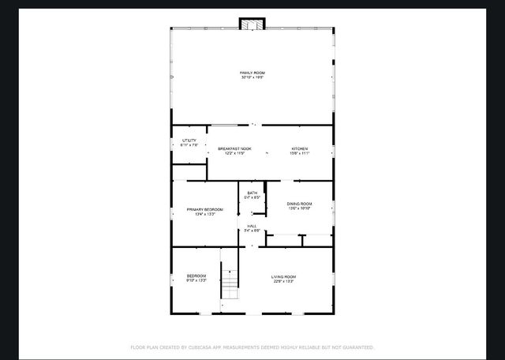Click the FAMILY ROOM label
tap(252, 73)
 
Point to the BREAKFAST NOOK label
tap(234, 148)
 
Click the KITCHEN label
tap(299, 148)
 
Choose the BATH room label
tap(252, 193)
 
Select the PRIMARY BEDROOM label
tap(204, 209)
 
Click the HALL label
tap(252, 226)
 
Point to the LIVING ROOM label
tap(283, 276)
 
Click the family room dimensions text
tap(252, 77)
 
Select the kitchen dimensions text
tap(299, 153)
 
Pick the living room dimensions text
tap(283, 281)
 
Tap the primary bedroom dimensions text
tap(204, 214)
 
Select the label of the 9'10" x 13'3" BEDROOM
tap(196, 276)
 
